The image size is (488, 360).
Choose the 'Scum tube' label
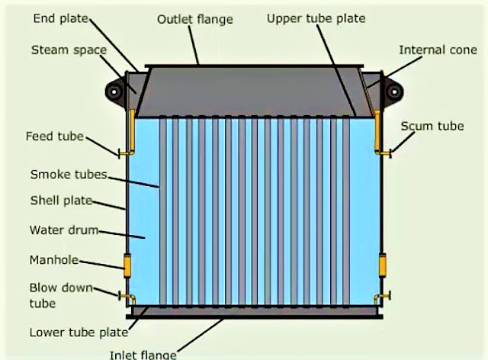tap(432, 127)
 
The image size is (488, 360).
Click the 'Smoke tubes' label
tap(67, 175)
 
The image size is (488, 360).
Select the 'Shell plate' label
tap(60, 201)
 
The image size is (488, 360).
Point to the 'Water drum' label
tap(62, 229)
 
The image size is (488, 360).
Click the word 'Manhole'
tap(54, 259)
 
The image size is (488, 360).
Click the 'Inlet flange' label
tap(144, 354)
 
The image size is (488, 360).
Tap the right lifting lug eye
tap(393, 92)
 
